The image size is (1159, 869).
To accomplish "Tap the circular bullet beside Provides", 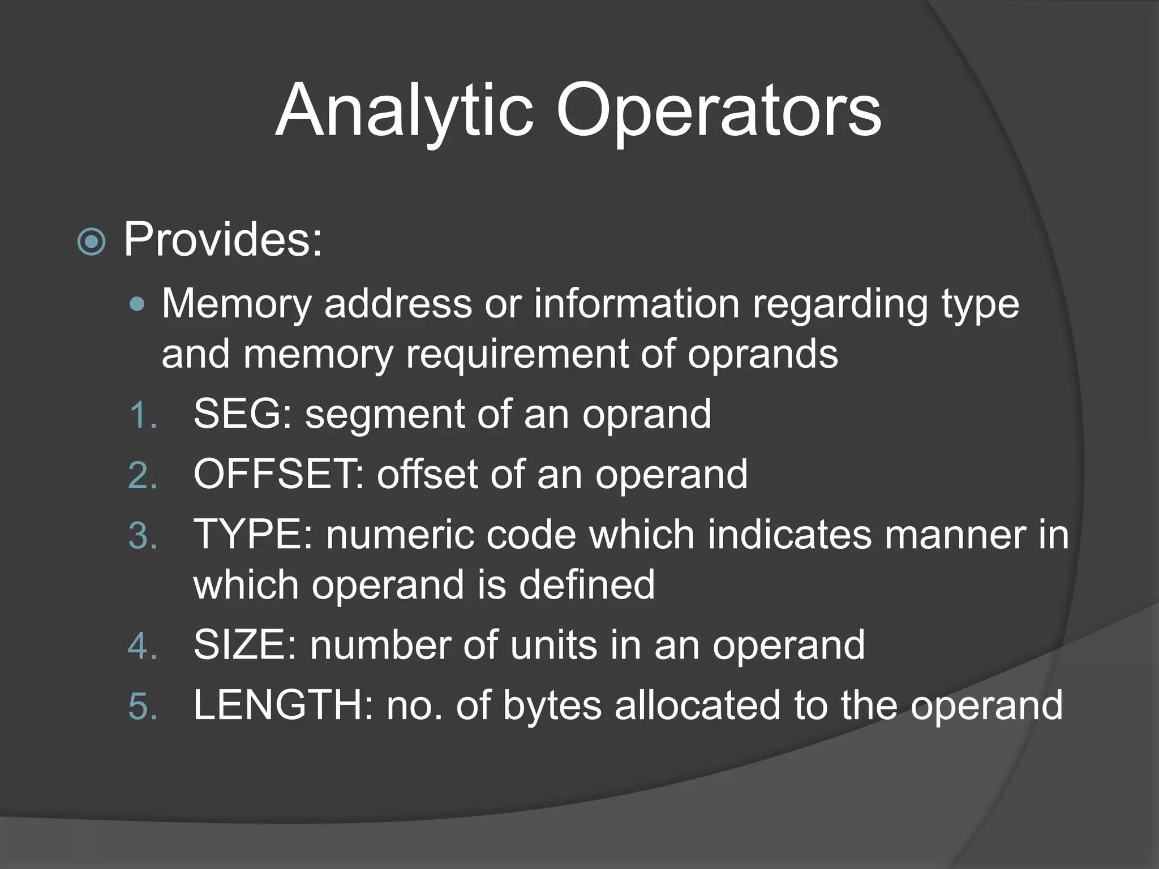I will [91, 242].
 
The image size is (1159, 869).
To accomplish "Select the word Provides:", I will [223, 240].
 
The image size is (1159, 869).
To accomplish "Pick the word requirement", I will [517, 354].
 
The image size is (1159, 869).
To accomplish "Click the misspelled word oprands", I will [762, 354].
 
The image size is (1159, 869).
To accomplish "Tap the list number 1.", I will [141, 415].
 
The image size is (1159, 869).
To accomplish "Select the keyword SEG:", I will [243, 414].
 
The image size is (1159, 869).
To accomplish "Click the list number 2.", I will [142, 476].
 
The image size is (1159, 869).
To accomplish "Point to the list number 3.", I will [142, 536].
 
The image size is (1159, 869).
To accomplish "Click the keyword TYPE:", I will [253, 534].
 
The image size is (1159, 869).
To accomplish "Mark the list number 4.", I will [142, 646].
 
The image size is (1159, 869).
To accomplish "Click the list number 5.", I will [142, 707].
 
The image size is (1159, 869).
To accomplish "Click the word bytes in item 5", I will [552, 706].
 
